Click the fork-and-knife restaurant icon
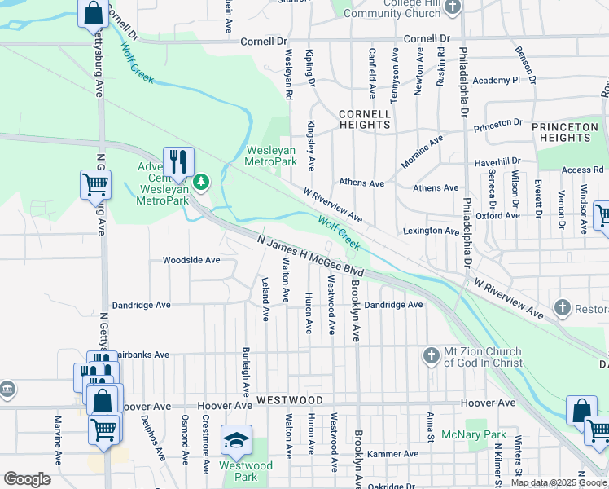click(x=178, y=161)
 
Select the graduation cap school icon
click(x=236, y=438)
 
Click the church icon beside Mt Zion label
click(x=432, y=355)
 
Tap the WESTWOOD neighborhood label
click(x=290, y=401)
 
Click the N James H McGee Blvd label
click(x=309, y=256)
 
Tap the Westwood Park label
click(x=239, y=471)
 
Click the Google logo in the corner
click(x=27, y=479)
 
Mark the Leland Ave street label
click(x=265, y=298)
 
